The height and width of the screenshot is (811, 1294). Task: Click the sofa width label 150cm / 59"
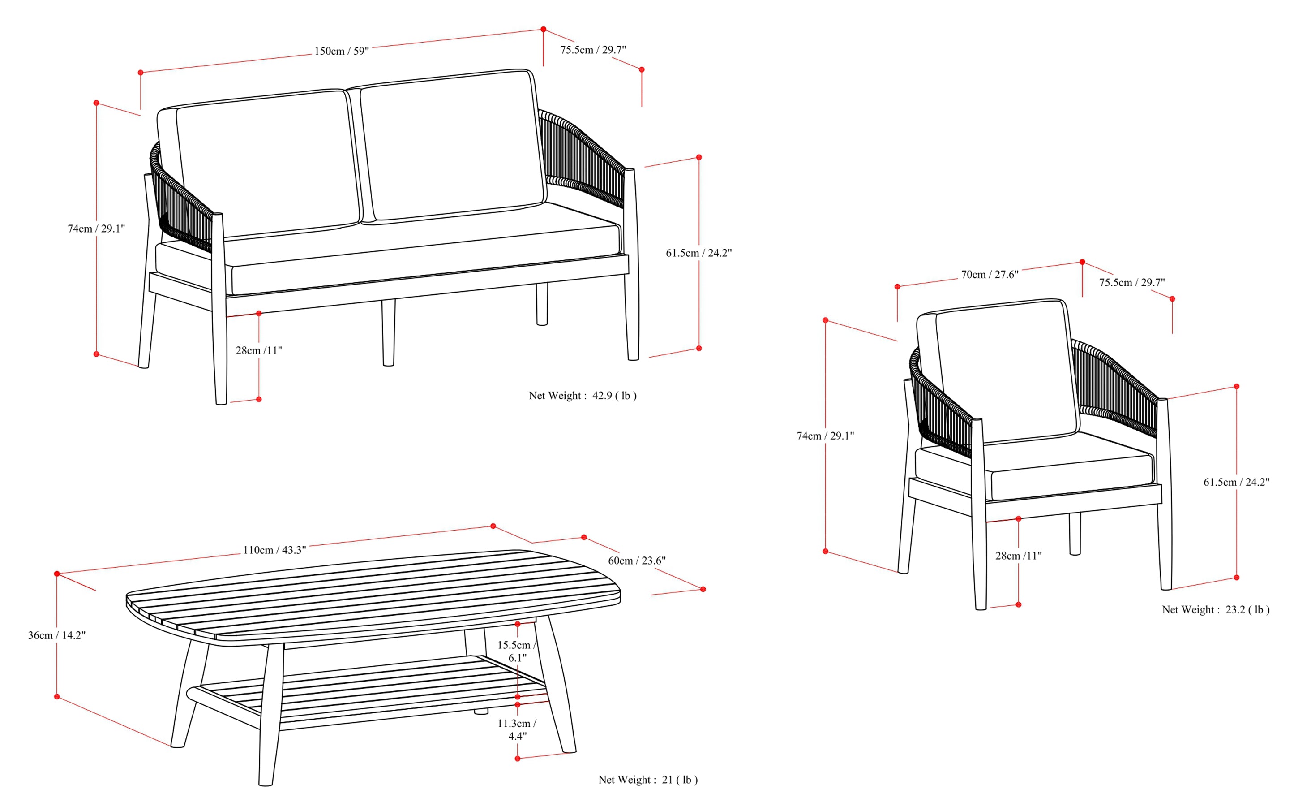click(x=342, y=52)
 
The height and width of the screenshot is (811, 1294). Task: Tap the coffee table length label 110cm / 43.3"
click(x=274, y=550)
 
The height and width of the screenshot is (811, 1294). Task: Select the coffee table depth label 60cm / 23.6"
click(x=637, y=561)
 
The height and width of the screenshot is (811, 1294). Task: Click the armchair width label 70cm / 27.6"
click(x=990, y=275)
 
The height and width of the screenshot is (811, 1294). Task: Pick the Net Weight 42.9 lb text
click(x=583, y=396)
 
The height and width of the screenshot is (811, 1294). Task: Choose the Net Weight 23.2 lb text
click(x=1215, y=610)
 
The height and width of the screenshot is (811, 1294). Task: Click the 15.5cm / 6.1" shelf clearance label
click(x=517, y=651)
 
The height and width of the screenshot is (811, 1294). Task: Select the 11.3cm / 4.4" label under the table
click(x=517, y=729)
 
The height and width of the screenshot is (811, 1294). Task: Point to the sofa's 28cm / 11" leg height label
click(x=259, y=351)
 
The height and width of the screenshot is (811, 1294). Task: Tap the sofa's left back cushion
click(x=268, y=164)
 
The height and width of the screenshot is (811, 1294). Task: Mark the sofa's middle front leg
click(x=389, y=332)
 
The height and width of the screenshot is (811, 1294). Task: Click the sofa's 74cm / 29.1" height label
click(x=96, y=229)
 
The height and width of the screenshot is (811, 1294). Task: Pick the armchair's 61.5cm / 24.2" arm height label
click(x=1236, y=482)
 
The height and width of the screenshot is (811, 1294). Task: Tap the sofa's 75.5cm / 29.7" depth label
click(x=593, y=50)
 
